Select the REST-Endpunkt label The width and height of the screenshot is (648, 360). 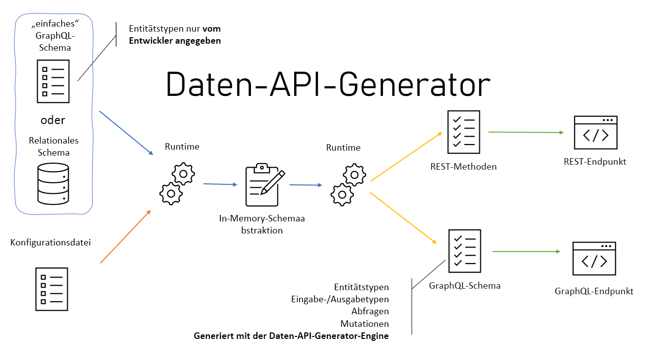595,162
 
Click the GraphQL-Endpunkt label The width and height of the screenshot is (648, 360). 594,291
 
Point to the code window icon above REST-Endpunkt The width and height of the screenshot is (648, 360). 595,133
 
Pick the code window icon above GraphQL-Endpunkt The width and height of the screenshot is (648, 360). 594,259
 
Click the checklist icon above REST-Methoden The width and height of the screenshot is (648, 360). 463,132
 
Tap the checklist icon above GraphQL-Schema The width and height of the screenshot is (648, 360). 464,251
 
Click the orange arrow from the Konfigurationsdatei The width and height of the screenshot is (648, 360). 125,236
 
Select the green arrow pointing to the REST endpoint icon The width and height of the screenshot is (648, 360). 526,133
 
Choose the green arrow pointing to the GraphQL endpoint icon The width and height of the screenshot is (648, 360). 526,252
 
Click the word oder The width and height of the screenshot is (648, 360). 53,121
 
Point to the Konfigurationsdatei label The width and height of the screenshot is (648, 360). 51,243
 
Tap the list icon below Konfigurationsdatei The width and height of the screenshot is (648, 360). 51,289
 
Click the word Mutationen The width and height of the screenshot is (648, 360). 364,324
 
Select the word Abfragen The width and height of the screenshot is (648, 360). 370,312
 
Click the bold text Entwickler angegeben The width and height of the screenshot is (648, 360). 174,41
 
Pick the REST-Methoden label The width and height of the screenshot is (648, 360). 463,167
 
